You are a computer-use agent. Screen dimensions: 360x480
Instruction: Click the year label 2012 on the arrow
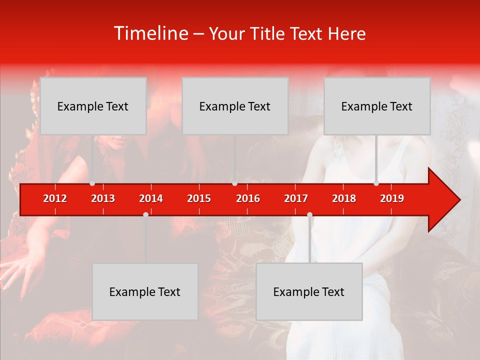click(55, 198)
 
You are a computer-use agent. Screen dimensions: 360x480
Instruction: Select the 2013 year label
click(103, 198)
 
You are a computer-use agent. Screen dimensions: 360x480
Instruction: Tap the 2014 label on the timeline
click(151, 198)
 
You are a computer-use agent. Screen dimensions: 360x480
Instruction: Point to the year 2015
click(199, 198)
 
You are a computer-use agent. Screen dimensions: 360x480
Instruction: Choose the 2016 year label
click(248, 198)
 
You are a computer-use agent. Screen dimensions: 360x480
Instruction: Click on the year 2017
click(296, 198)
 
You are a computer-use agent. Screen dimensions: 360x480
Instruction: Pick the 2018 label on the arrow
click(344, 198)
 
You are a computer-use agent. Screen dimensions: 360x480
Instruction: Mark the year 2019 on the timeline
click(392, 198)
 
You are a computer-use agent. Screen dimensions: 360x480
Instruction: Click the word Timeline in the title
click(151, 33)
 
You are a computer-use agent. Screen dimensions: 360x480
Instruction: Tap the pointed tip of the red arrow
click(458, 200)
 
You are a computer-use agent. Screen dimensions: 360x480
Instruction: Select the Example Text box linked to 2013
click(93, 106)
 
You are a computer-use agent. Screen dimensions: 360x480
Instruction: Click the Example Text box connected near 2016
click(235, 106)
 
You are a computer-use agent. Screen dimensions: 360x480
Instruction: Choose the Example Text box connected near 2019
click(377, 106)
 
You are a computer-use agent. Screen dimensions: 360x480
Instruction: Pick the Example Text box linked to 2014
click(145, 291)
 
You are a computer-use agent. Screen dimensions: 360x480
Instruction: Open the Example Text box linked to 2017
click(309, 291)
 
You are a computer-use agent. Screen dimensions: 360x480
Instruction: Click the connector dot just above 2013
click(92, 183)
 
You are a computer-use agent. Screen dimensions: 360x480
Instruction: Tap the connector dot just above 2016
click(234, 183)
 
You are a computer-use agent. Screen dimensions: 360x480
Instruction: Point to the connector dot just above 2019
click(376, 183)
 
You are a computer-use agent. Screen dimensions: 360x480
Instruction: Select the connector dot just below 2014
click(145, 214)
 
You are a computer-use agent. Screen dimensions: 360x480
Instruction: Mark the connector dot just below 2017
click(309, 214)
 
